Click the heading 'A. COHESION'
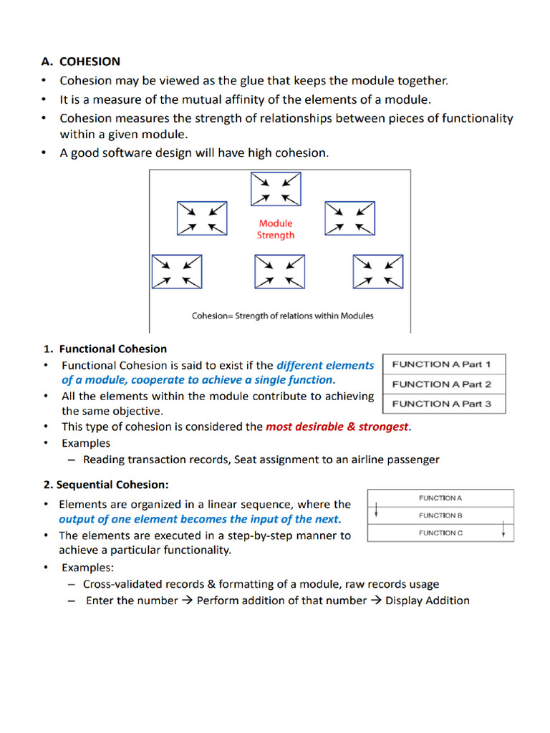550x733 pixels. click(80, 62)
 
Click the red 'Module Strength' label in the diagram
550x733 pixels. click(276, 229)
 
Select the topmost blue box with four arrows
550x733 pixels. click(276, 188)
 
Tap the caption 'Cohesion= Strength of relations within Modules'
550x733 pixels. click(283, 316)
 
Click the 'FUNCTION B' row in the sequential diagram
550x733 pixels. click(440, 515)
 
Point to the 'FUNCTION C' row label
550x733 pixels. click(440, 533)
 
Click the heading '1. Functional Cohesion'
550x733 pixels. click(105, 349)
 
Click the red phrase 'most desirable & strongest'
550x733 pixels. click(337, 427)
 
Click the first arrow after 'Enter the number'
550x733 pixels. click(187, 601)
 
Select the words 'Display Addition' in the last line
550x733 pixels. click(428, 601)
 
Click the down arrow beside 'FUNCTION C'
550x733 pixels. click(504, 530)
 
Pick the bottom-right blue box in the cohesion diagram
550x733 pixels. click(378, 272)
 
